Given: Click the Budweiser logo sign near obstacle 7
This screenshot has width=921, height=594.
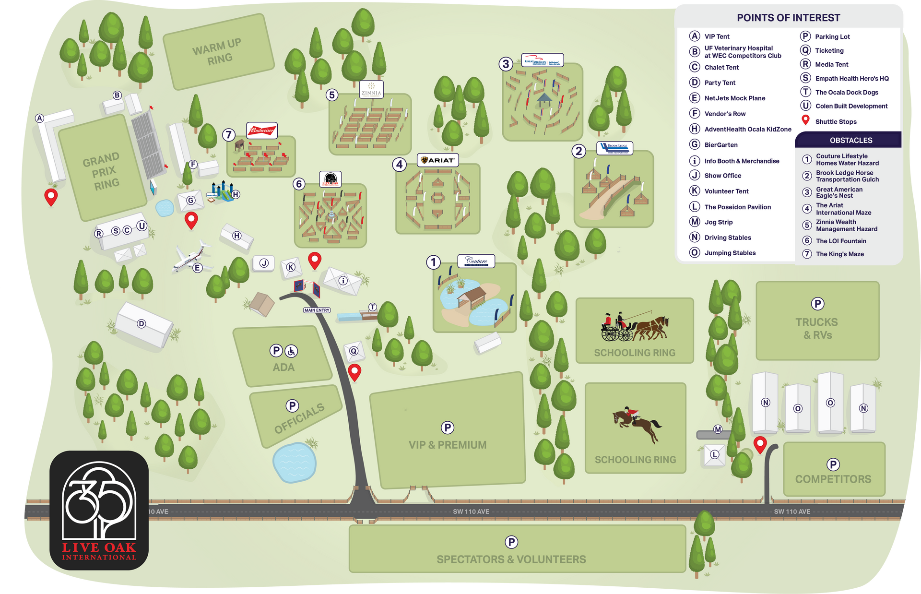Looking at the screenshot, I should [x=262, y=130].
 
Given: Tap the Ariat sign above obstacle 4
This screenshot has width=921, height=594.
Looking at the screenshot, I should [x=438, y=160].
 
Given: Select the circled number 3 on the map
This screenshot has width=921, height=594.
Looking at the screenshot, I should [x=506, y=64].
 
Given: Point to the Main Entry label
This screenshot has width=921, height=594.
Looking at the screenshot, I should [x=317, y=310].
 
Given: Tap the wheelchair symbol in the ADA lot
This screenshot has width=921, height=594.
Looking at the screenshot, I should [x=292, y=351].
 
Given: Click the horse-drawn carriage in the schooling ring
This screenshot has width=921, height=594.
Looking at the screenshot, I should [x=634, y=327].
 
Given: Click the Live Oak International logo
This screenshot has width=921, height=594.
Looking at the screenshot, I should [x=99, y=510].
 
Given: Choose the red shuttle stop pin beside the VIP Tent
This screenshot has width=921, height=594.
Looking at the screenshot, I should [x=51, y=197].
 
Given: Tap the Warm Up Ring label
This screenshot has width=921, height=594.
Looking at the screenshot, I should [x=219, y=52].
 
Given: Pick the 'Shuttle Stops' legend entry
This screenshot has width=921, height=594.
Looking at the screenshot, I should [x=836, y=122].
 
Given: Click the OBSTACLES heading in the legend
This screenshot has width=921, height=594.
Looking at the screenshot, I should [x=851, y=141].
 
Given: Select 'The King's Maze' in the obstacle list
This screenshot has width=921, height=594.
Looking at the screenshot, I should [x=839, y=254].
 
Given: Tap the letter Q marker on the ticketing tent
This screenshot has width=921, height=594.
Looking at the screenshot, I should [x=354, y=351].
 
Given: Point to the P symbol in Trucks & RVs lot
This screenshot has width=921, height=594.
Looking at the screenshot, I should [x=817, y=304].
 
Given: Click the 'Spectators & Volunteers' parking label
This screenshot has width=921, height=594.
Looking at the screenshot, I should [x=511, y=559].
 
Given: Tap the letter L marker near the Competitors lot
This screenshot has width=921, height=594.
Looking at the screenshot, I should [x=715, y=454].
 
